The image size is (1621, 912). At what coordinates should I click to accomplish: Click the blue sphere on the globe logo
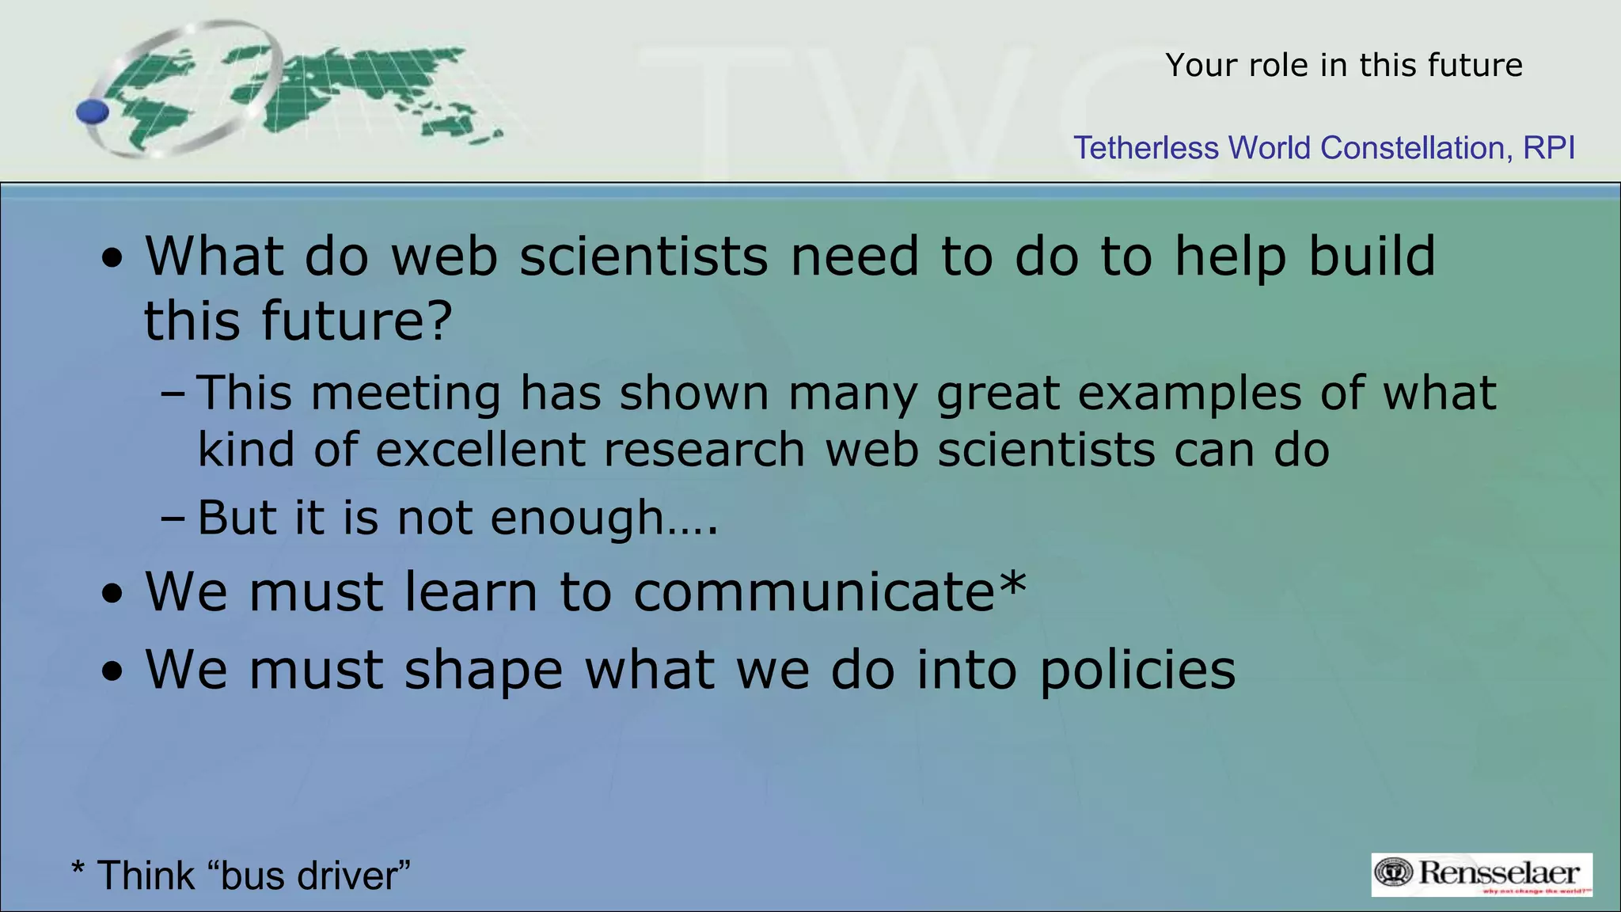point(93,112)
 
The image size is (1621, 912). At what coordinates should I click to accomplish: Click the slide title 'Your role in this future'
point(1343,65)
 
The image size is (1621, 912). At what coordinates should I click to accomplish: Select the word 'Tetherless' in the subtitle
point(1145,148)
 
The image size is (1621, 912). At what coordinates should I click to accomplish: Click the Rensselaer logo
point(1481,874)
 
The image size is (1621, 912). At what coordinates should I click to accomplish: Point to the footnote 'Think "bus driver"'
point(241,876)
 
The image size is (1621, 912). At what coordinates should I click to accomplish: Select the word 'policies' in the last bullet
point(1137,670)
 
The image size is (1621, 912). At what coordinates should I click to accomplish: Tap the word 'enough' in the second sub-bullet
point(576,519)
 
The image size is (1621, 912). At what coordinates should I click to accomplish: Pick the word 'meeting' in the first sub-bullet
point(405,393)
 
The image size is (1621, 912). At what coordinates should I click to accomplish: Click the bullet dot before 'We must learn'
point(113,595)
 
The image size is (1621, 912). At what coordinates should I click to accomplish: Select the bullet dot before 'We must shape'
point(113,672)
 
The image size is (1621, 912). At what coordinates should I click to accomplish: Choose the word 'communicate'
point(814,592)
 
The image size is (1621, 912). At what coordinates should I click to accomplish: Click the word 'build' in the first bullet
point(1371,256)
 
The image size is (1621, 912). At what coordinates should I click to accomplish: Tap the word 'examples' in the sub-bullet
point(1189,393)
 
